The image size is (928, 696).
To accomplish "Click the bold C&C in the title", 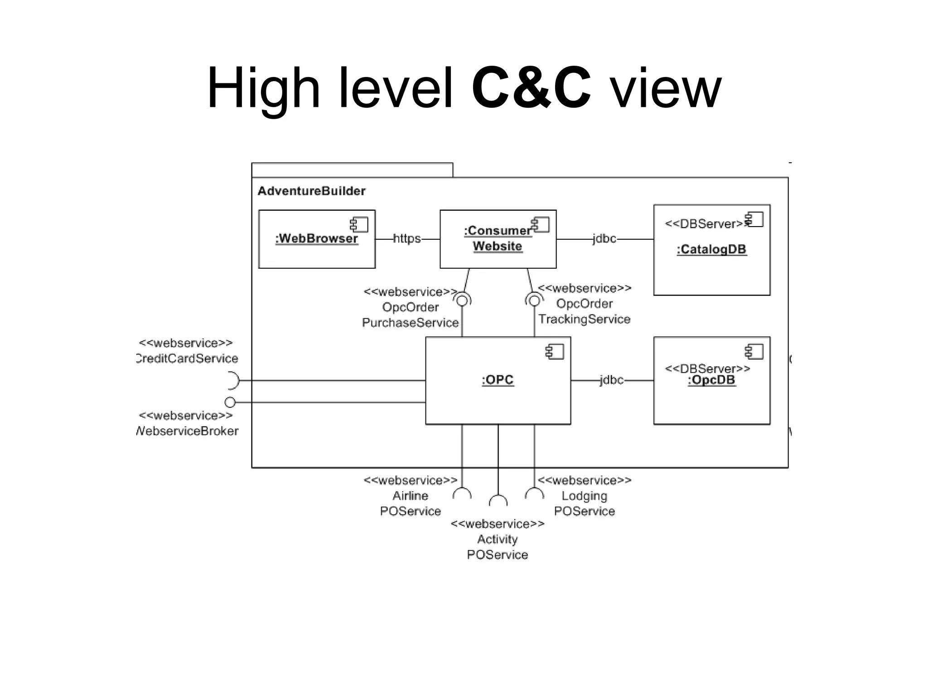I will pos(531,88).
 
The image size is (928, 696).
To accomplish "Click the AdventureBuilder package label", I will pos(311,191).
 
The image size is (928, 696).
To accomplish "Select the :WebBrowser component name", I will pos(317,238).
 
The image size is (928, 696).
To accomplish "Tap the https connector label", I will pos(406,238).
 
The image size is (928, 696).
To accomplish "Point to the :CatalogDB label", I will pos(711,249).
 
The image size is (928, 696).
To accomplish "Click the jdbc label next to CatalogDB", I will pos(604,238).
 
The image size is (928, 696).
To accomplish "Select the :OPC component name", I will pos(498,380).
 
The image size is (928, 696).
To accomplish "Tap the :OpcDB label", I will pos(711,380).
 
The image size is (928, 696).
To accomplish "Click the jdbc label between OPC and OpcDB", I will pos(611,380).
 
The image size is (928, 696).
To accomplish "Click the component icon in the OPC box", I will pos(555,352).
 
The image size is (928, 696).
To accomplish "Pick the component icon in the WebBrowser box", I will pos(359,225).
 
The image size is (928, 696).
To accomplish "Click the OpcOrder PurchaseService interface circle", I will pos(462,300).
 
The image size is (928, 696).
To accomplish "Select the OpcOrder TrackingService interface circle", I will pos(534,300).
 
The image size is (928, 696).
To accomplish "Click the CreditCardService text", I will pos(187,358).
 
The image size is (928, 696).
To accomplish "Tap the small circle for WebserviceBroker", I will pos(230,402).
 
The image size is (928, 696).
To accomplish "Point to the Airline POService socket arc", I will pos(462,493).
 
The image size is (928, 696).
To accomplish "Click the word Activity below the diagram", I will pos(497,539).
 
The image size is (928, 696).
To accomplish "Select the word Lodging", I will pos(584,496).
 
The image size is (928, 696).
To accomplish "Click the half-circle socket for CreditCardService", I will pos(234,381).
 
